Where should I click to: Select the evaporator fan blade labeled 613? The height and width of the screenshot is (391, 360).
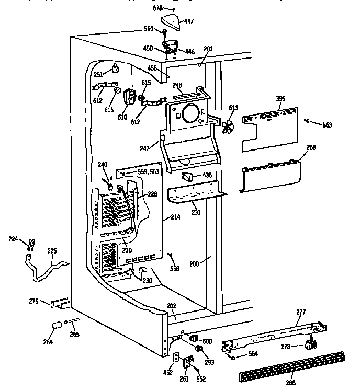click(x=229, y=126)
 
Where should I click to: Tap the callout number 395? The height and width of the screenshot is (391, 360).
click(x=280, y=98)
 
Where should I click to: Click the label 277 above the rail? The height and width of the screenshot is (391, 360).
click(x=300, y=313)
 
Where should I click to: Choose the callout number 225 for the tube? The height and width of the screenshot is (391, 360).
click(x=52, y=250)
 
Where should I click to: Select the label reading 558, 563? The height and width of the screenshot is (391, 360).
click(x=147, y=171)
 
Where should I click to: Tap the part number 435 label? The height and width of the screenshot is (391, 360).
click(x=207, y=175)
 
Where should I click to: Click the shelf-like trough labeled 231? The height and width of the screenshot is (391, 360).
click(x=196, y=195)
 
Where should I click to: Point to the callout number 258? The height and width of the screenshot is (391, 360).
click(x=311, y=148)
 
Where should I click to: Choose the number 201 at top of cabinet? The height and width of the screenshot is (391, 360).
click(x=208, y=49)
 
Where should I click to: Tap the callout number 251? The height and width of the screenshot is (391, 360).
click(x=98, y=75)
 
